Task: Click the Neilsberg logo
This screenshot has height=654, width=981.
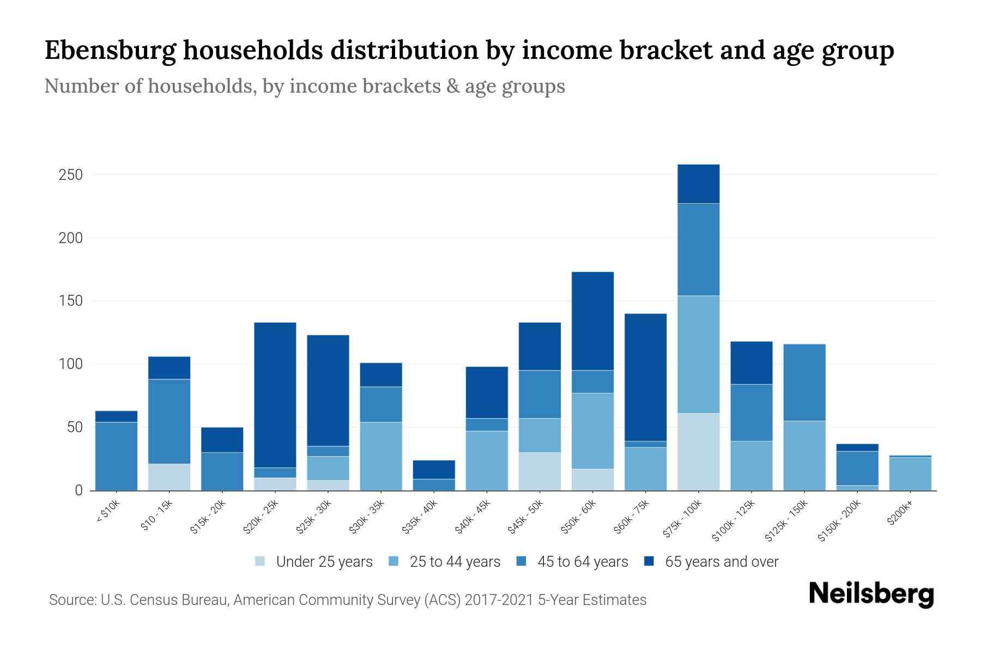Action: tap(871, 594)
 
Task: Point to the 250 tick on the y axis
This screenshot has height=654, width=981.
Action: tap(71, 175)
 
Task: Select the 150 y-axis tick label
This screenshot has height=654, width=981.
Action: tap(71, 301)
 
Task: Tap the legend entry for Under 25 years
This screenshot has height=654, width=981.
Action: tap(324, 562)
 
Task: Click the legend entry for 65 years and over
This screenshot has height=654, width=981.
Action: tap(721, 562)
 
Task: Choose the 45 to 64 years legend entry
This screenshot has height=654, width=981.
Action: tap(582, 562)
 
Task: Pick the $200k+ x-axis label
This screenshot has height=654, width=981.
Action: tap(900, 513)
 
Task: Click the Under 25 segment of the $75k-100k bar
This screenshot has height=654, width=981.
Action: tap(698, 452)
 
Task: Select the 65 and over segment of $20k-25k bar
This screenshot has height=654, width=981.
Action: tap(275, 395)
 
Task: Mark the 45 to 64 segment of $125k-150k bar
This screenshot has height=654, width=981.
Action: tap(804, 383)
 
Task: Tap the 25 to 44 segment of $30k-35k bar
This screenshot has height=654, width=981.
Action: tap(381, 456)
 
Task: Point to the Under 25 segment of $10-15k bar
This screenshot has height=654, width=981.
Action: tap(169, 477)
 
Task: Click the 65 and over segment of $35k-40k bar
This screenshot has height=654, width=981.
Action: tap(434, 470)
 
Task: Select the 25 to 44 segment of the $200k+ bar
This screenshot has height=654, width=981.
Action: tap(910, 474)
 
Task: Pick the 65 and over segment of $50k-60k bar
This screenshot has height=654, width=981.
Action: tap(592, 321)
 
